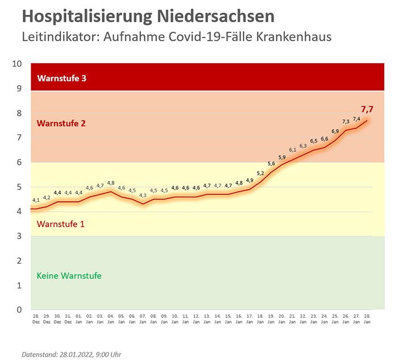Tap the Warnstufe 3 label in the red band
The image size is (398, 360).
tap(61, 78)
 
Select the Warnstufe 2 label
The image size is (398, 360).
tap(61, 123)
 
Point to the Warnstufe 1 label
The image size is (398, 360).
tap(60, 224)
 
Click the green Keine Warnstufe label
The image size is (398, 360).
tap(69, 276)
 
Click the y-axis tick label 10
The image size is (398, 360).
tap(17, 64)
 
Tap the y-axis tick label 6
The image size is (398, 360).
tap(19, 162)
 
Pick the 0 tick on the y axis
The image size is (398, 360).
tap(19, 310)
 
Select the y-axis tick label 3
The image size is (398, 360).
tap(19, 236)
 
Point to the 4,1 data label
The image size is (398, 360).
tap(36, 200)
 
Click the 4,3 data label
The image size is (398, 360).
tap(143, 195)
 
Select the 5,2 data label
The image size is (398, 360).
tap(260, 173)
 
